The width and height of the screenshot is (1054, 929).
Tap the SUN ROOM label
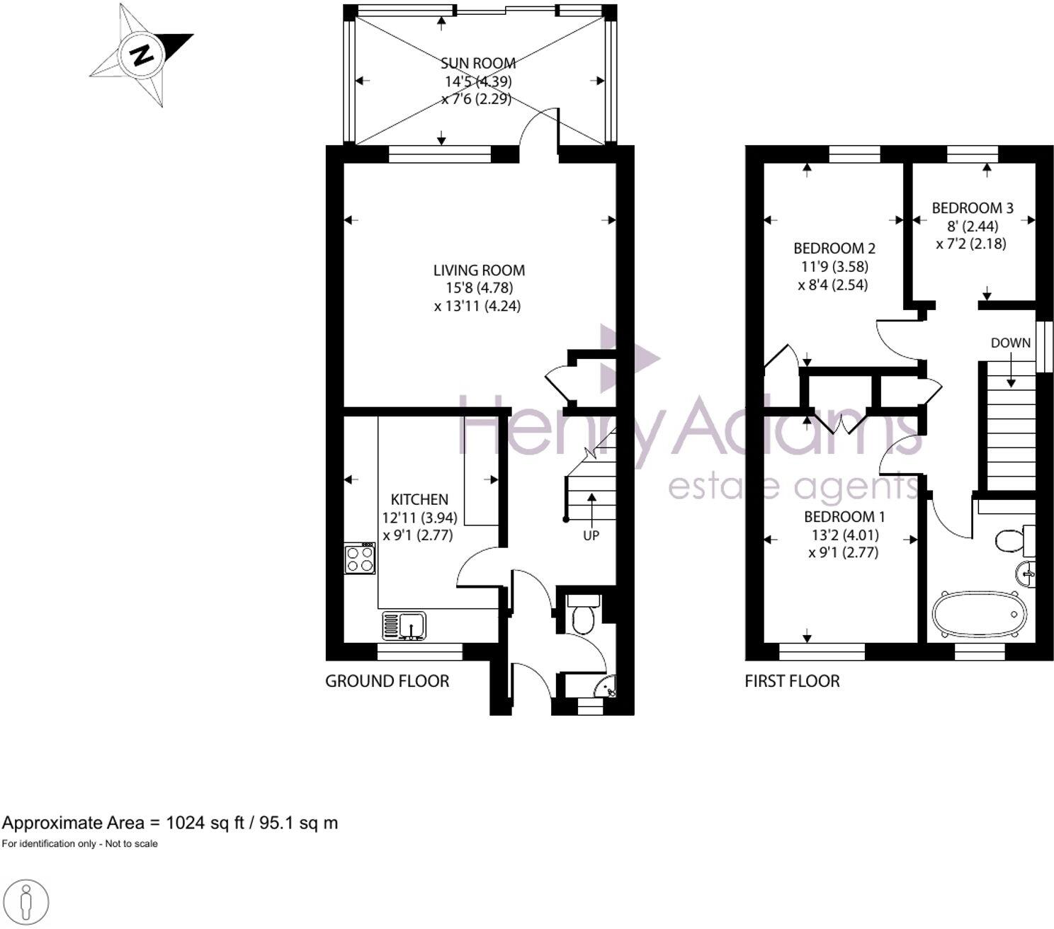(x=477, y=64)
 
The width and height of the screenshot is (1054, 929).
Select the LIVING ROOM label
(x=479, y=270)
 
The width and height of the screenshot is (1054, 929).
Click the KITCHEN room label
(x=419, y=499)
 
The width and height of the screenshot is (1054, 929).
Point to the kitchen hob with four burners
(x=360, y=558)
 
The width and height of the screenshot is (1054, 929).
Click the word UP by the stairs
(x=591, y=535)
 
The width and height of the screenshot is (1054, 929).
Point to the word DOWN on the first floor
(x=1010, y=343)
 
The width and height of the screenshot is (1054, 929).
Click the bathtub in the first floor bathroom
(x=978, y=613)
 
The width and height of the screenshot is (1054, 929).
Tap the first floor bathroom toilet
(x=1013, y=541)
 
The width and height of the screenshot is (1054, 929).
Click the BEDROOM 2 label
(x=834, y=249)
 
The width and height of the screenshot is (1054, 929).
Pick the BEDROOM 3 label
(x=972, y=208)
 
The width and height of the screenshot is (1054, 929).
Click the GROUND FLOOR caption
(x=387, y=681)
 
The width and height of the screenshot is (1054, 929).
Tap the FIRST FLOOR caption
(x=792, y=681)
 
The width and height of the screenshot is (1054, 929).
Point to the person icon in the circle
(x=26, y=903)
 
